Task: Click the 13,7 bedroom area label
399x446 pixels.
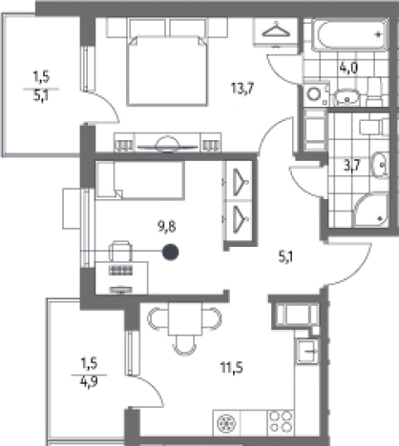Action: pos(242,88)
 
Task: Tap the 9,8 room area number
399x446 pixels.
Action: pos(167,227)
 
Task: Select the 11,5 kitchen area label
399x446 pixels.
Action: pos(232,368)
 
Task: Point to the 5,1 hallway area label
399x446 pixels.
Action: pos(285,256)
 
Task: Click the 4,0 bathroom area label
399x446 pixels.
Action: pos(348,68)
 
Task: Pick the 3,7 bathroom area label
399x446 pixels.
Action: pos(352,165)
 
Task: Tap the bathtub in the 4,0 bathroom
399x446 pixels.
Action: pos(350,34)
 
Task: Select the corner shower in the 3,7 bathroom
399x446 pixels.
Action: pos(371,211)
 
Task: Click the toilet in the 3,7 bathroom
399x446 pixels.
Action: pos(374,127)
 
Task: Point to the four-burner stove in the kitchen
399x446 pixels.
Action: pos(282,422)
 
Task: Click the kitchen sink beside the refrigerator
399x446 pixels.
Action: pos(306,352)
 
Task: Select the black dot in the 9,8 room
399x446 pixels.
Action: pos(170,253)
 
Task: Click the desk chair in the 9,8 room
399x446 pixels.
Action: pos(120,251)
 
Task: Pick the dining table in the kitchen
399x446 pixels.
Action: pos(185,318)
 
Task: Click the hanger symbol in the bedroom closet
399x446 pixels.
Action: pos(276,30)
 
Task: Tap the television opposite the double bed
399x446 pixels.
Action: pos(167,145)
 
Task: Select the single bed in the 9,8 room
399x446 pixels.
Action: pos(140,180)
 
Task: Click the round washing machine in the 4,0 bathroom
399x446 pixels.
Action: pos(314,94)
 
